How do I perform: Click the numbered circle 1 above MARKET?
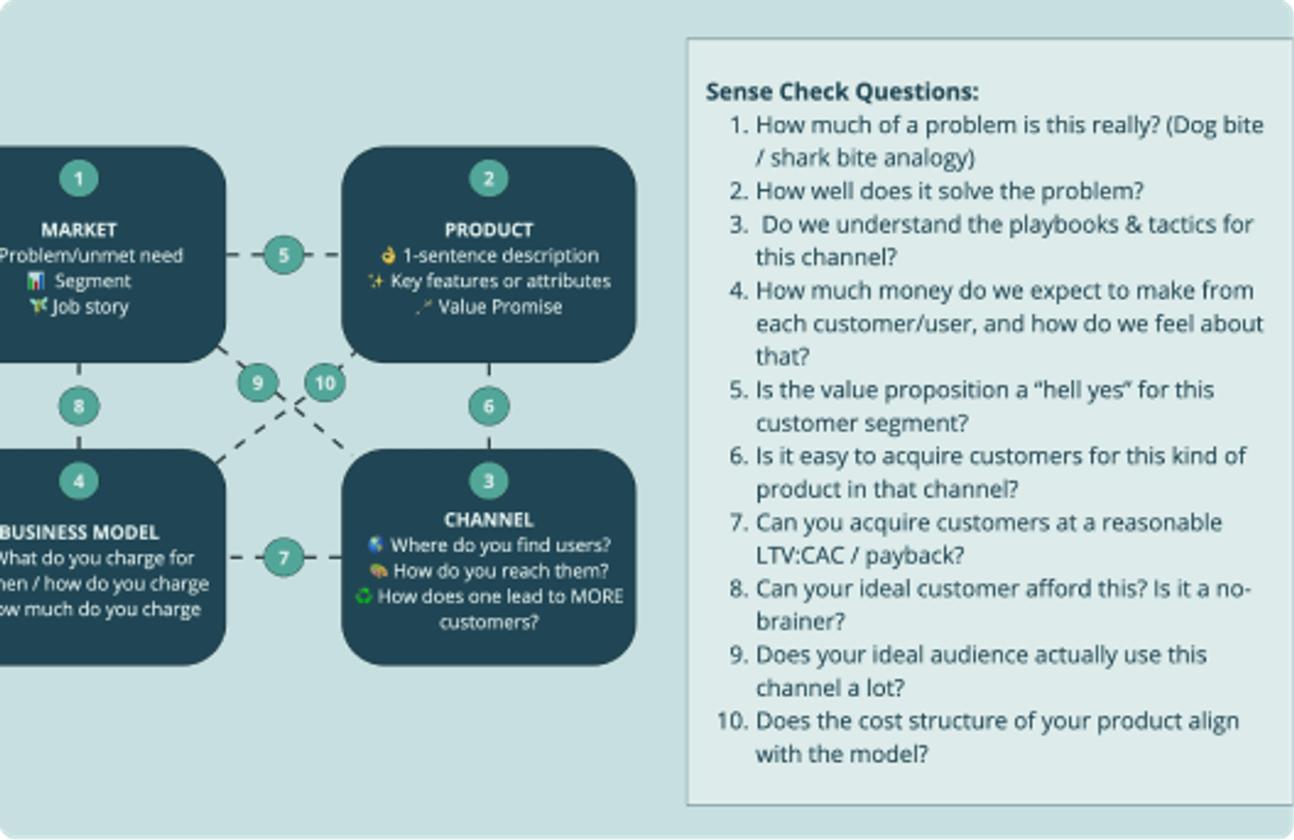tap(79, 179)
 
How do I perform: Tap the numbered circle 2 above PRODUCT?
tap(488, 179)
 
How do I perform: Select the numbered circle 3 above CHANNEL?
tap(488, 480)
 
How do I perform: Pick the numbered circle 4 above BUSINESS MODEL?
tap(79, 480)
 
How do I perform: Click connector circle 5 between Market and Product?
tap(284, 254)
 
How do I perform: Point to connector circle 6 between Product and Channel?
tap(488, 405)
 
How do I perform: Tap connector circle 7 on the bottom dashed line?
tap(284, 557)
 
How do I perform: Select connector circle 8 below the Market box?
tap(79, 405)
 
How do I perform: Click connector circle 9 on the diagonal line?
tap(257, 381)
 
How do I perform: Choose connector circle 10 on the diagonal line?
tap(324, 382)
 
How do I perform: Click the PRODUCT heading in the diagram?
tap(488, 229)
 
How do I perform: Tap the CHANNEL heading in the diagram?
tap(488, 519)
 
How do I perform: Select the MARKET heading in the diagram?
tap(79, 229)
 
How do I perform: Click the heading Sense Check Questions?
tap(841, 91)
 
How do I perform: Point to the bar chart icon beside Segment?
tap(35, 281)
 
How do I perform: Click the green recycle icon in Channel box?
tap(363, 596)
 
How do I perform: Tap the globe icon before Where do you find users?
tap(376, 545)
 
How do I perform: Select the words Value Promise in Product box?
tap(499, 306)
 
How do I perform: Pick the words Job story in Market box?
tap(90, 306)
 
